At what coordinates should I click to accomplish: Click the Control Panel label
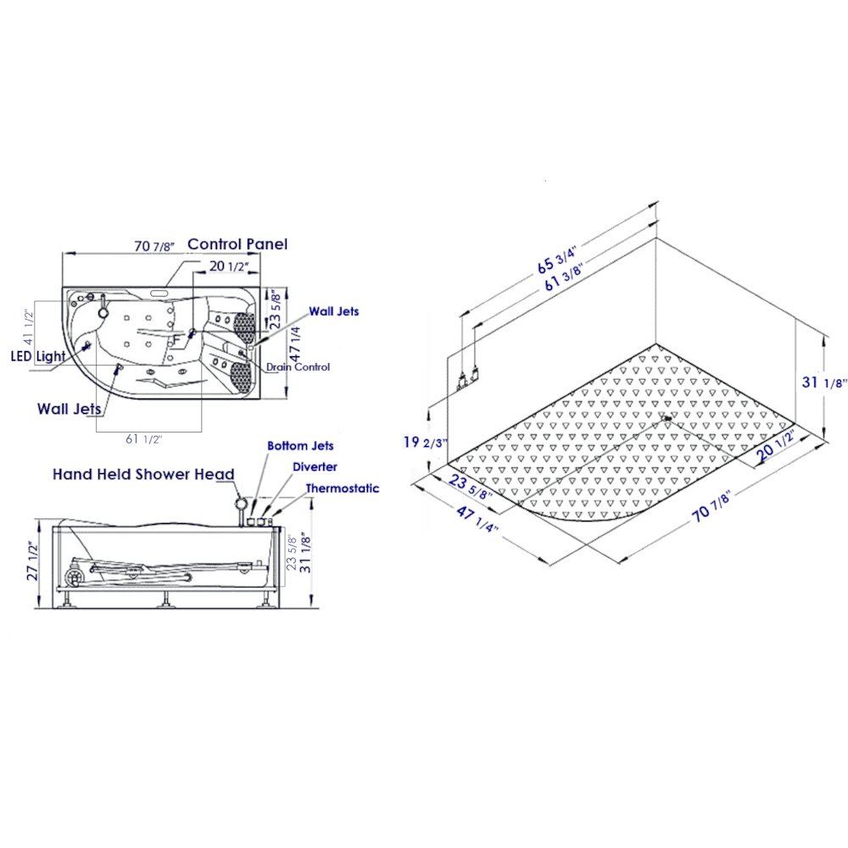click(237, 244)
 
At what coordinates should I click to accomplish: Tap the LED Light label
click(38, 356)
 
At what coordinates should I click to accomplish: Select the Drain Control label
click(298, 366)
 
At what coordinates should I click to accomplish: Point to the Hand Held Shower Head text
click(143, 474)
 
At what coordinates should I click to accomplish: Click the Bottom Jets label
click(300, 446)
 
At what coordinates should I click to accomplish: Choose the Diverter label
click(315, 466)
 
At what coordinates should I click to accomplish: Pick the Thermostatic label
click(343, 488)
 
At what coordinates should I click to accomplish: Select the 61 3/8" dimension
click(564, 277)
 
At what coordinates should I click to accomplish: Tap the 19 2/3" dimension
click(426, 443)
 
